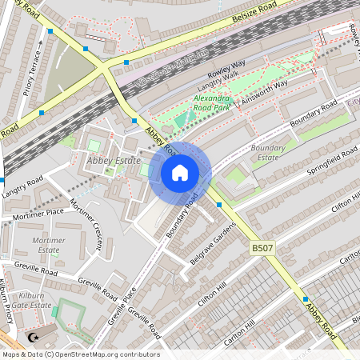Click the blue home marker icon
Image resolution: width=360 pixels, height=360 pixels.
pos(180,173)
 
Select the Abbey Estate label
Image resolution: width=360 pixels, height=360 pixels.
pos(108,160)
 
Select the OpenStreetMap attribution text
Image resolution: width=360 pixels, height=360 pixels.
pos(80,354)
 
